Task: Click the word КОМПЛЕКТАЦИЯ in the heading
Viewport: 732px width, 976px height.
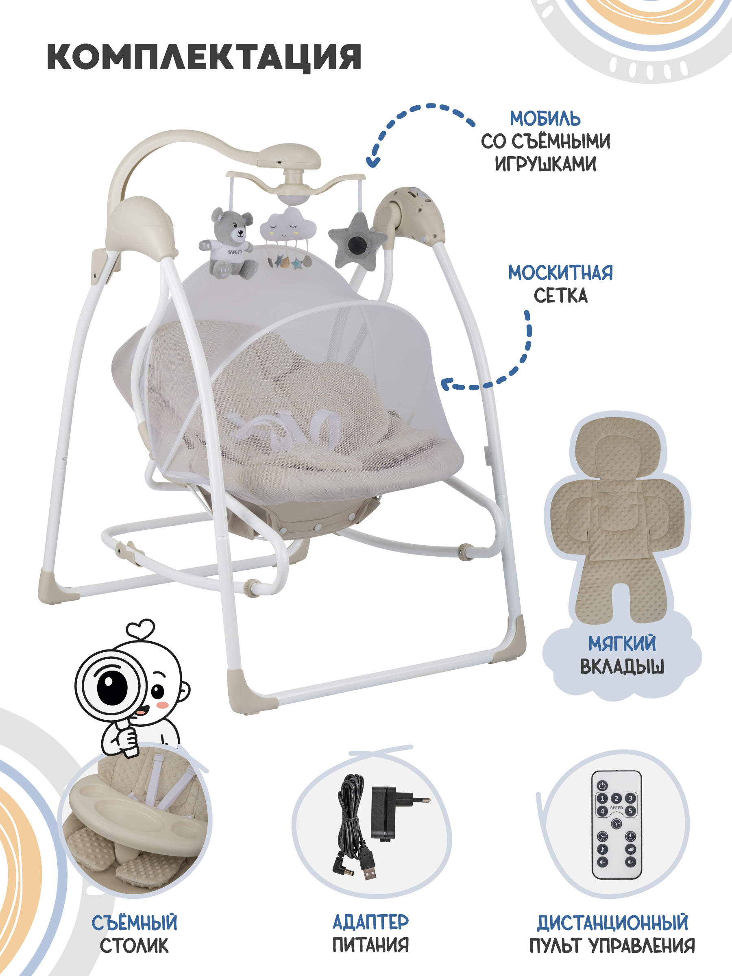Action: [x=204, y=57]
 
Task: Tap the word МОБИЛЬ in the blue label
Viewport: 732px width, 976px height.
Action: [x=545, y=119]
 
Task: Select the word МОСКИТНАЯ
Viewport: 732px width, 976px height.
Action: [x=560, y=273]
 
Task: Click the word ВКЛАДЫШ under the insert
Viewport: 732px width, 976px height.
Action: [x=622, y=666]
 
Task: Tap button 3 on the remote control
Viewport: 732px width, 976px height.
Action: [x=630, y=798]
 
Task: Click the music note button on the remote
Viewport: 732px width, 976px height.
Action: [x=602, y=849]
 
